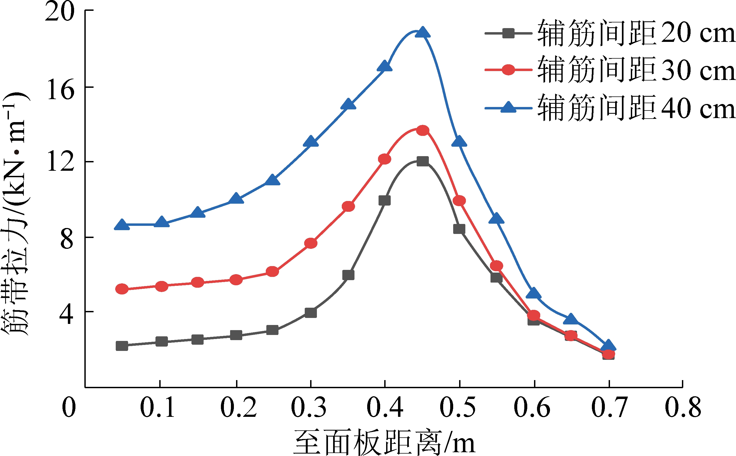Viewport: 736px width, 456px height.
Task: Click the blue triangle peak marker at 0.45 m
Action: coord(422,32)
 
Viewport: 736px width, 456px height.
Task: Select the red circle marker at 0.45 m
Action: coord(422,130)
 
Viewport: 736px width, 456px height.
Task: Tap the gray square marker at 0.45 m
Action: coord(422,161)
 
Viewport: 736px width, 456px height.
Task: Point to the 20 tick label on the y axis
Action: coord(59,12)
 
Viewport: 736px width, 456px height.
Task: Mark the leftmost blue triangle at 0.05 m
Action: coord(122,225)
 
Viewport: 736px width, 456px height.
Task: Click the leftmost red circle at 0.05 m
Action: coord(122,289)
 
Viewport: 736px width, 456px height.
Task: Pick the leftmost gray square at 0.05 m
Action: coord(122,346)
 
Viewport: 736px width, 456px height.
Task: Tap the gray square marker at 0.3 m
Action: coord(311,313)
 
